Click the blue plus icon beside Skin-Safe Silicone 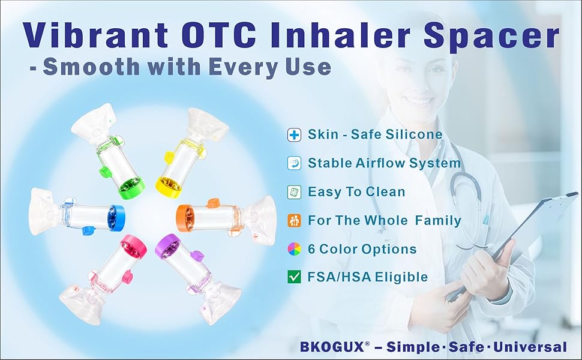(x=295, y=134)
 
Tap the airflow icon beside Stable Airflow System (x=295, y=163)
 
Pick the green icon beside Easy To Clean (x=295, y=192)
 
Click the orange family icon (x=295, y=220)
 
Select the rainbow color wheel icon (x=295, y=248)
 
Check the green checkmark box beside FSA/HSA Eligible (x=295, y=277)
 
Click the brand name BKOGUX (x=332, y=347)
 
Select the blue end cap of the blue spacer (x=116, y=217)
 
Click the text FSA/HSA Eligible (x=368, y=277)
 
